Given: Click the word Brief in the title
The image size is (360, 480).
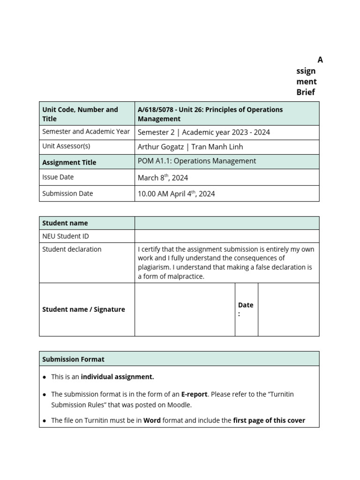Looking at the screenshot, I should click(306, 92).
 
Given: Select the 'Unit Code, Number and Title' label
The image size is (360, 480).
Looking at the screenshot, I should click(80, 114).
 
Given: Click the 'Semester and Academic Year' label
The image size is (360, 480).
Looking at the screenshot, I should click(86, 132).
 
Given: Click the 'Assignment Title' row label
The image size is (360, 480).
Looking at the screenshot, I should click(69, 162).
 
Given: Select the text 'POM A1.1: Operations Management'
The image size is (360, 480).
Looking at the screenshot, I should click(197, 161).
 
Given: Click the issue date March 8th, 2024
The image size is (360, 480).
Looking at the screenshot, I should click(163, 178).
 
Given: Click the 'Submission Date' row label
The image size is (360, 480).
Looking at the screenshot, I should click(67, 194).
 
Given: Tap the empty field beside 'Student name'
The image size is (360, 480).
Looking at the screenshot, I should click(227, 223).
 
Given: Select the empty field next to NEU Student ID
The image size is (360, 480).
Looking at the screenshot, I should click(227, 236).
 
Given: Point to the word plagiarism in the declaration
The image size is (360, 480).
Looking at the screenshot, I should click(154, 267).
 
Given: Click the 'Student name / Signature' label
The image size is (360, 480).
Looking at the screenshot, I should click(83, 309).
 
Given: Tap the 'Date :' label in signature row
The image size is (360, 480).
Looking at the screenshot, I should click(246, 309).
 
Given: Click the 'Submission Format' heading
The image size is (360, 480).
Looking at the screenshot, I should click(73, 359).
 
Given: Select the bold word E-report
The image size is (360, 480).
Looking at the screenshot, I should click(194, 394).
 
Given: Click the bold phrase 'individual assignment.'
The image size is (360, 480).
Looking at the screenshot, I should click(117, 377).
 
